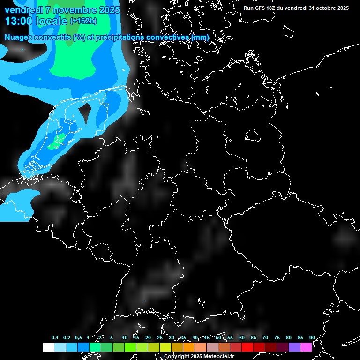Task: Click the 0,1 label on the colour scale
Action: (55, 337)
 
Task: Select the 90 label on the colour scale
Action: (312, 337)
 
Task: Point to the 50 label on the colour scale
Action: (218, 337)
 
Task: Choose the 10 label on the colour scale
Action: (125, 337)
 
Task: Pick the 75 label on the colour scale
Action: (277, 337)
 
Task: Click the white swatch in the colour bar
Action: (48, 347)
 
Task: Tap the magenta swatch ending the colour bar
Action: (306, 347)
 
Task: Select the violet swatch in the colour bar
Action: (294, 347)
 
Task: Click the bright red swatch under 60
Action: (247, 347)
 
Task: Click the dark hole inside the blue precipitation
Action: (85, 111)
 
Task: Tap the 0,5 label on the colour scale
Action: (78, 337)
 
